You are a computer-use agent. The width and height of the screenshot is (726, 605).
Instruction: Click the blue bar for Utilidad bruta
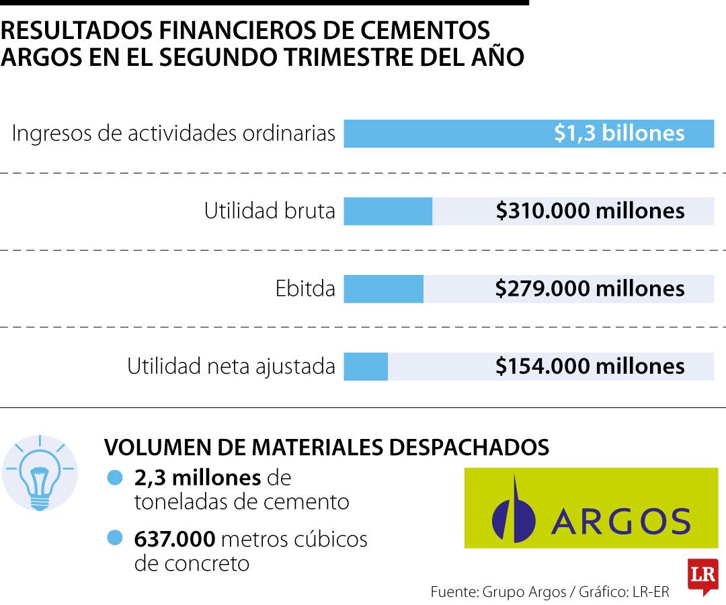[x=388, y=211]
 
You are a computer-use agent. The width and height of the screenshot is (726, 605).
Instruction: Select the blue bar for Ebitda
[x=383, y=289]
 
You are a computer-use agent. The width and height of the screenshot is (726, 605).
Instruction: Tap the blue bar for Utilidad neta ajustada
[x=366, y=366]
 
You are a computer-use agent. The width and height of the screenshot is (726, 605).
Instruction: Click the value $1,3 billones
[x=619, y=133]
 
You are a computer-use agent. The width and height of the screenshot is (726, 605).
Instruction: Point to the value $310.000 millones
[x=590, y=210]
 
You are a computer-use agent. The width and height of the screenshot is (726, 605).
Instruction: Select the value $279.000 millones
[x=590, y=288]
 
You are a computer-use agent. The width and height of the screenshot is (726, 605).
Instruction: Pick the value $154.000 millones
[x=590, y=366]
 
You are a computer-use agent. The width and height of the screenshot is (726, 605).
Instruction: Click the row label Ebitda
[x=305, y=288]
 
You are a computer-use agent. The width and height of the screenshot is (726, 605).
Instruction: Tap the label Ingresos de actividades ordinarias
[x=173, y=133]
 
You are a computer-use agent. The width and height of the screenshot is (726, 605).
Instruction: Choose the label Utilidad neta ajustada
[x=231, y=366]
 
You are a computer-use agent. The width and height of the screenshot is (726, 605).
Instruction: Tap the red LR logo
[x=703, y=576]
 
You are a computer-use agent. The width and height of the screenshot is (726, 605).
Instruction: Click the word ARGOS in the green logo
[x=621, y=521]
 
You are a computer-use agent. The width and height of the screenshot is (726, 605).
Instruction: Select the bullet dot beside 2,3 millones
[x=114, y=477]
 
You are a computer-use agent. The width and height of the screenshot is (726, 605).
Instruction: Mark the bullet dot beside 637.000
[x=114, y=538]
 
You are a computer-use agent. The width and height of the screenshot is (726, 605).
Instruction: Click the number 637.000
[x=175, y=539]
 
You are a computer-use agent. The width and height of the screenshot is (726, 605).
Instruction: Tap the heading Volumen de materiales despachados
[x=327, y=447]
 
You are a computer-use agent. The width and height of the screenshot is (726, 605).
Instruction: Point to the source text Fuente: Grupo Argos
[x=498, y=592]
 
